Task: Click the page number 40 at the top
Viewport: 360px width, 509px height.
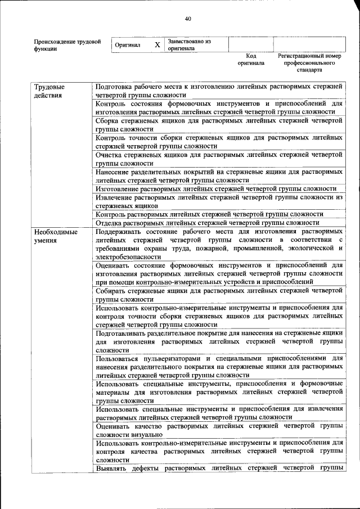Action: (188, 19)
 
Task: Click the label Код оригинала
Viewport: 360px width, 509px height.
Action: (251, 60)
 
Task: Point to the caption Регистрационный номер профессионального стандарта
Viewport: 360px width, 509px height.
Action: (309, 64)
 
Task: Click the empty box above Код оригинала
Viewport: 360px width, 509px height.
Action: (250, 44)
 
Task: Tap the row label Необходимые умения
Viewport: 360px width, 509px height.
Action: (55, 236)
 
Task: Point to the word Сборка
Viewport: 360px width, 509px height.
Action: (109, 120)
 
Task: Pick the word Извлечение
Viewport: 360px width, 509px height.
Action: (117, 197)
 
